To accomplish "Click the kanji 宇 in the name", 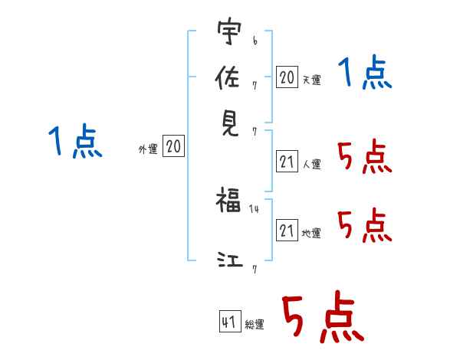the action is click(x=229, y=31).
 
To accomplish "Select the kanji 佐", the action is click(x=228, y=77).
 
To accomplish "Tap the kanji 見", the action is click(x=229, y=124).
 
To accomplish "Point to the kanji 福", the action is click(x=228, y=200).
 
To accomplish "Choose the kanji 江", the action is click(x=230, y=260).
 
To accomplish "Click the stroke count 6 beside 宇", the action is click(x=255, y=41).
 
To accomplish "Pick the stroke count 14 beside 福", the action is click(x=254, y=209).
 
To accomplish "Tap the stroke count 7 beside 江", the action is click(x=255, y=270).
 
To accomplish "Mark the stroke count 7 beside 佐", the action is click(x=255, y=86).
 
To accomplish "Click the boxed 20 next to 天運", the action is click(x=287, y=77).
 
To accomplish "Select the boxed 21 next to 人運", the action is click(x=287, y=162).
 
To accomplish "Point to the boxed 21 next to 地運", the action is click(x=287, y=230).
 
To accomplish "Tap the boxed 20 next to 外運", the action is click(x=173, y=146).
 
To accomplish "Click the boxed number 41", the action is click(x=230, y=321).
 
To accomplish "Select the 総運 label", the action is click(x=255, y=325).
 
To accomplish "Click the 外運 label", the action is click(x=148, y=149).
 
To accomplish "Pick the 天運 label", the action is click(x=312, y=80).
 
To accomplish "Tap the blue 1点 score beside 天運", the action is click(x=365, y=71).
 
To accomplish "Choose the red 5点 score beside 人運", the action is click(x=365, y=156).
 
